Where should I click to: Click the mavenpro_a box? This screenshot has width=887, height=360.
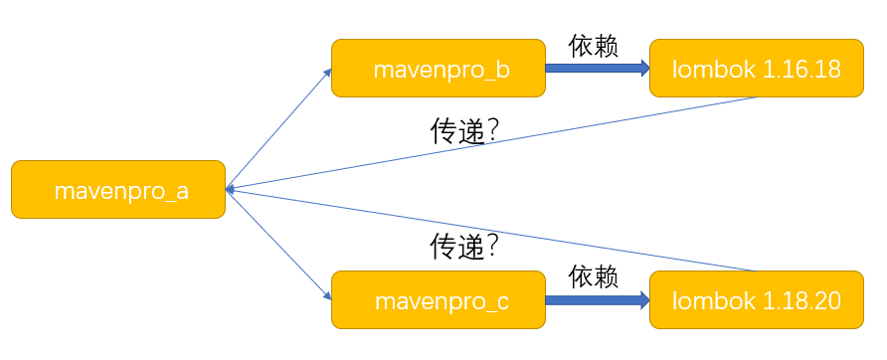click(x=118, y=189)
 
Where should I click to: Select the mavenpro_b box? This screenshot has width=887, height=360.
click(x=438, y=69)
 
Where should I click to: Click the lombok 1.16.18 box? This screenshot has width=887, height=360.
click(x=757, y=69)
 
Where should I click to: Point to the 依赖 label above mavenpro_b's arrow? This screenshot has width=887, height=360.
click(x=594, y=47)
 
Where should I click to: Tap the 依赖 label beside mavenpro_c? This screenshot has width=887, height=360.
click(x=594, y=276)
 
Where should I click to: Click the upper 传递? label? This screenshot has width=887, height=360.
click(x=463, y=132)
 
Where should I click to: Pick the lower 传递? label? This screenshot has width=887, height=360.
click(x=463, y=244)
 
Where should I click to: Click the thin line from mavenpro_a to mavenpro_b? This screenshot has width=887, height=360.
click(x=278, y=129)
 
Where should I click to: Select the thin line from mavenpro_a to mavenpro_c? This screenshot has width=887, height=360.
click(x=278, y=244)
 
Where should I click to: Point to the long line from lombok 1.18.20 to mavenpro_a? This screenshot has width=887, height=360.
click(x=597, y=246)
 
